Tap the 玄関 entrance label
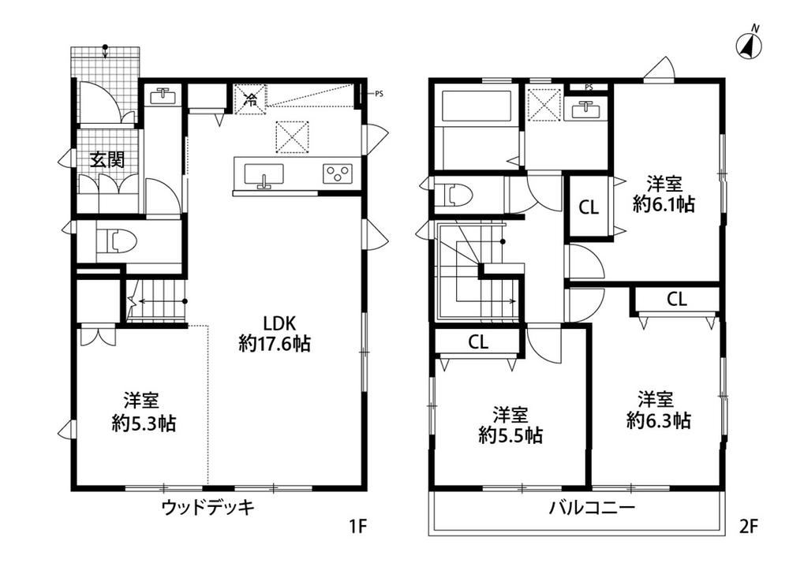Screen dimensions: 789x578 [x=107, y=160]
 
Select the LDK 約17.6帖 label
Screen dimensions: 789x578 [x=275, y=334]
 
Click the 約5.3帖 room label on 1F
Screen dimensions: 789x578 [x=144, y=423]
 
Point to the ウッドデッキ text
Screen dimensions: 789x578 [x=208, y=507]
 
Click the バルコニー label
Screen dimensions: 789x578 [x=592, y=507]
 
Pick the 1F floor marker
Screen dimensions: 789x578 [x=358, y=527]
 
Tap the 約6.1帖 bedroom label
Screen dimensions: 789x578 [x=664, y=204]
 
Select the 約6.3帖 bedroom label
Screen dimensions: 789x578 [x=658, y=420]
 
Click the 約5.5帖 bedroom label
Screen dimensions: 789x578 [x=510, y=435]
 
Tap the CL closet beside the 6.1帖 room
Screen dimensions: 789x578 [x=589, y=207]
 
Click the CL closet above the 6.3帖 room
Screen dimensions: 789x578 [x=677, y=300]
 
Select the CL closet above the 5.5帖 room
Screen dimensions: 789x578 [x=478, y=342]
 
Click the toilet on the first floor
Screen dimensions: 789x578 [x=116, y=241]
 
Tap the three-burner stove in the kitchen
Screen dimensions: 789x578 [x=337, y=173]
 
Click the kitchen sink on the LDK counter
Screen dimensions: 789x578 [x=264, y=174]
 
